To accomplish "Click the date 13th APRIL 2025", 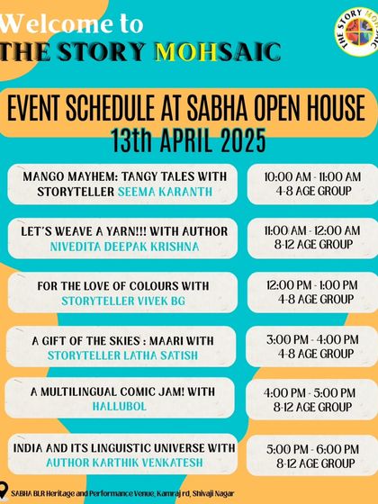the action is tap(188, 140).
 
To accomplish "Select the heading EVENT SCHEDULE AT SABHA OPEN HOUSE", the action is tap(188, 110).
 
